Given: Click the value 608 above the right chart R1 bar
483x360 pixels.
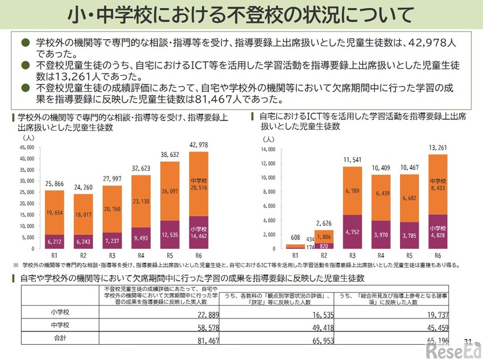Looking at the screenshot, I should (295, 238).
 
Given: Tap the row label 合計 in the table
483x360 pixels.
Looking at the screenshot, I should (60, 338).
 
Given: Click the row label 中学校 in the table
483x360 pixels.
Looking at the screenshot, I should (60, 326).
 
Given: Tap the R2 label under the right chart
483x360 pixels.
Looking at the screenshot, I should (323, 256).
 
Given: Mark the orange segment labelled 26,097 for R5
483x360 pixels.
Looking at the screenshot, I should (170, 191).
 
